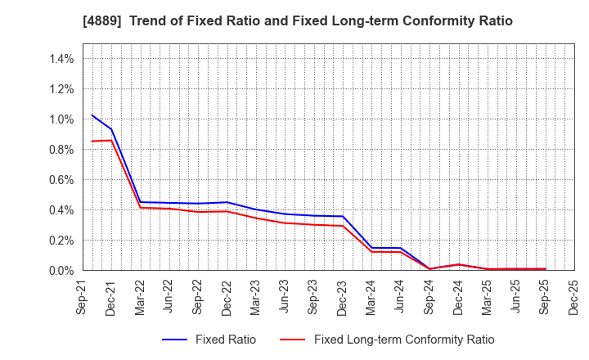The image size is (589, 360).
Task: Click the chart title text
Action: coord(295,21)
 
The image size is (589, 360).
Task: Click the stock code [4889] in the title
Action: coord(95,21)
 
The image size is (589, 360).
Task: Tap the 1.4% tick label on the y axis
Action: coord(62,59)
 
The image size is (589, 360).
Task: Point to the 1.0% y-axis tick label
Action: coord(62,119)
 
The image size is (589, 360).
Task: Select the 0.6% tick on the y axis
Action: coord(62,180)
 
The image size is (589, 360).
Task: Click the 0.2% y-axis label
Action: coord(62,241)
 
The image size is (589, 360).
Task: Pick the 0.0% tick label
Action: coord(62,271)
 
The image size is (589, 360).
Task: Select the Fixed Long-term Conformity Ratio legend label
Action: coord(404,340)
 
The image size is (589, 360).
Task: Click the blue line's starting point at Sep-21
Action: coord(92,115)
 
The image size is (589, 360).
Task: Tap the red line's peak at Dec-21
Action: coord(112,140)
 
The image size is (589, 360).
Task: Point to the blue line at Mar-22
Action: coord(141,202)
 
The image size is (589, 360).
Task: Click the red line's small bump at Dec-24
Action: coord(459,264)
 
